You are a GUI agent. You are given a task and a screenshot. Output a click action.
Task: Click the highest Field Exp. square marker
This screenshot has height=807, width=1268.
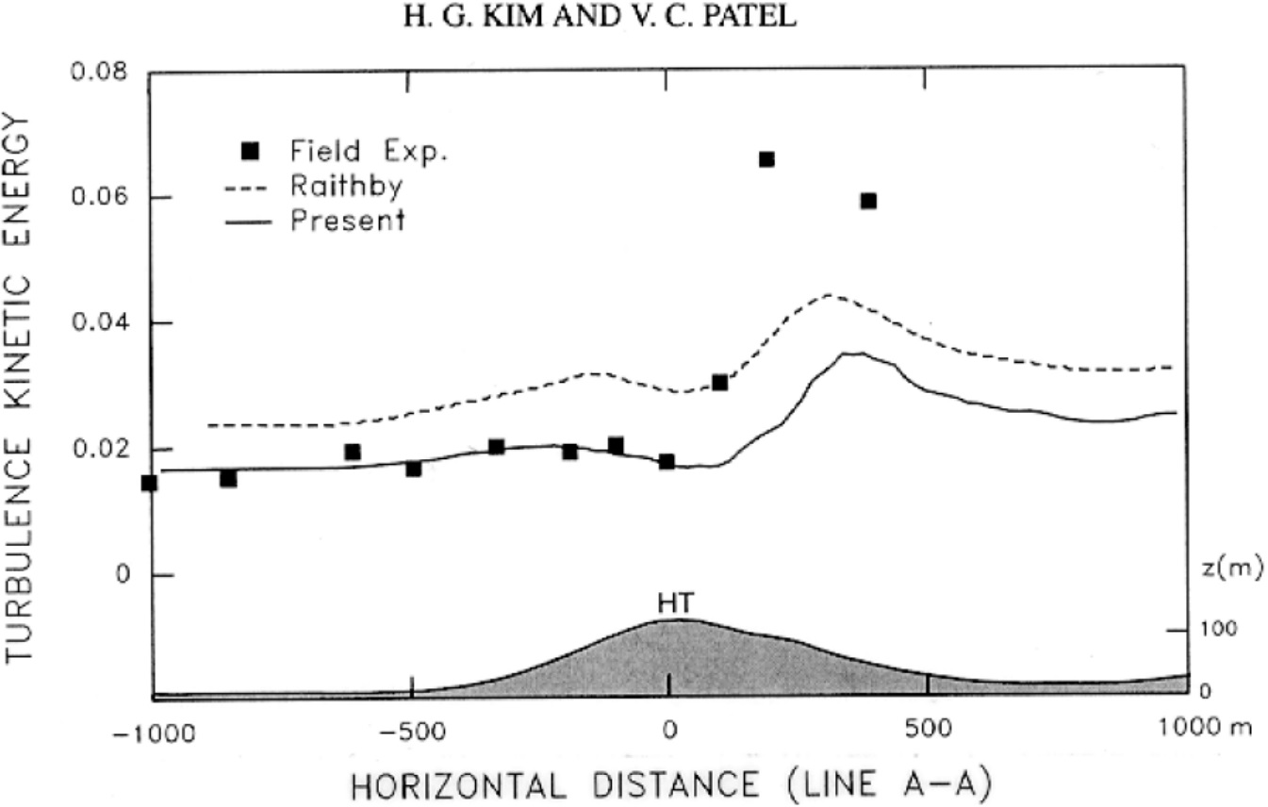coord(766,159)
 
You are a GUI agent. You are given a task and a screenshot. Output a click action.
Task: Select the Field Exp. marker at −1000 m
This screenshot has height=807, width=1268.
coord(149,483)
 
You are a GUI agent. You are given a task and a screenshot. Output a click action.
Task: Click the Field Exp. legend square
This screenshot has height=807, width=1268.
coord(250,151)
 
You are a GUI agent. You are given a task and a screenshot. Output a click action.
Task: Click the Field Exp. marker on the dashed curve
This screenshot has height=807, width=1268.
coord(720,382)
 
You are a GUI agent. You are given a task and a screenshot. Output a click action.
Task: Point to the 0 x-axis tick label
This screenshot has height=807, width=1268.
coord(669,732)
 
